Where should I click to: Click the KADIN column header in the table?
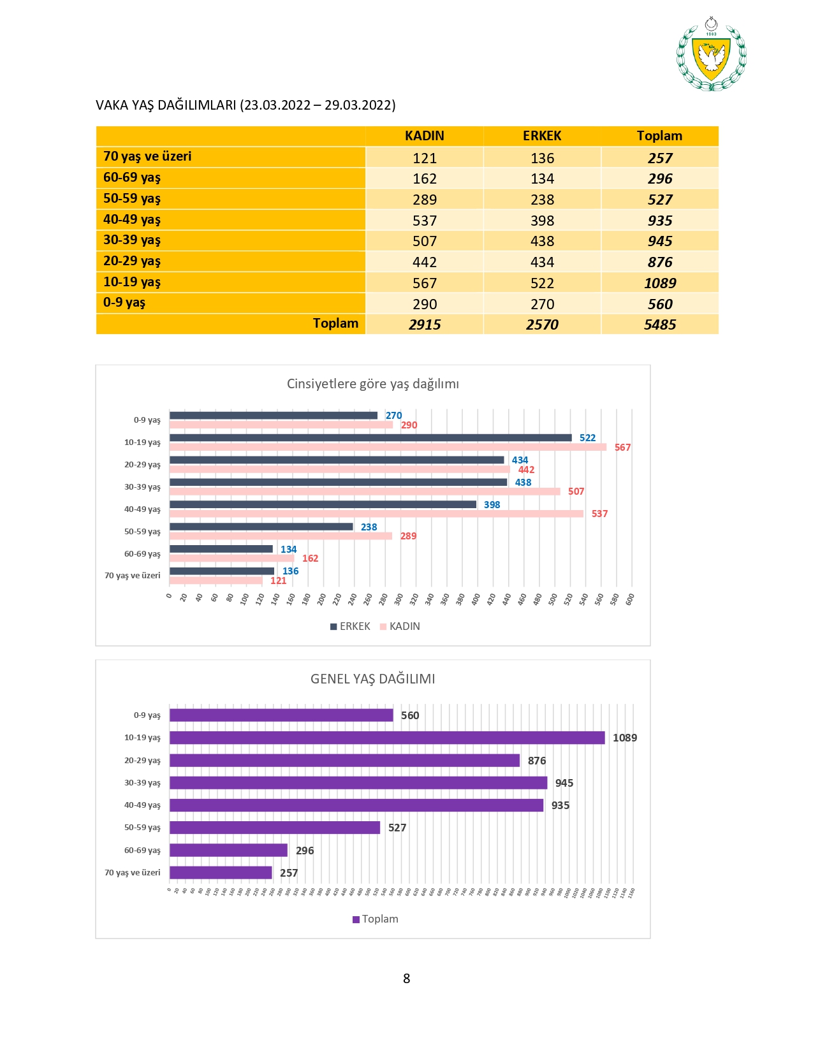pyautogui.click(x=424, y=136)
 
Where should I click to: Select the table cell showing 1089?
pyautogui.click(x=659, y=283)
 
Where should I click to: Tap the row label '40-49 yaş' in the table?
pyautogui.click(x=132, y=219)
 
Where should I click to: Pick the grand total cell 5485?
pyautogui.click(x=659, y=325)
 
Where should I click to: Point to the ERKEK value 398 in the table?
pyautogui.click(x=542, y=221)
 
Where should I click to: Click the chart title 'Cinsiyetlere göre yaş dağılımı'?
pyautogui.click(x=372, y=384)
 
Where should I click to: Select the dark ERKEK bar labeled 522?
pyautogui.click(x=370, y=438)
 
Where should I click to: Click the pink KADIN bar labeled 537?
pyautogui.click(x=376, y=514)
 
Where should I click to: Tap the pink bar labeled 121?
pyautogui.click(x=216, y=581)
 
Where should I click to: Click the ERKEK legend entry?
pyautogui.click(x=350, y=626)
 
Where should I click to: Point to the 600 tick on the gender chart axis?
pyautogui.click(x=630, y=599)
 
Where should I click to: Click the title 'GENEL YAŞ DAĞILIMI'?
pyautogui.click(x=372, y=679)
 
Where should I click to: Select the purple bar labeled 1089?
pyautogui.click(x=386, y=738)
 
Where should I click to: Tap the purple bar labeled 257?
pyautogui.click(x=221, y=873)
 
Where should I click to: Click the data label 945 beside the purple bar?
pyautogui.click(x=564, y=783)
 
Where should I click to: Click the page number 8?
pyautogui.click(x=406, y=978)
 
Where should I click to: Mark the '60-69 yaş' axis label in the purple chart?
pyautogui.click(x=142, y=851)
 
